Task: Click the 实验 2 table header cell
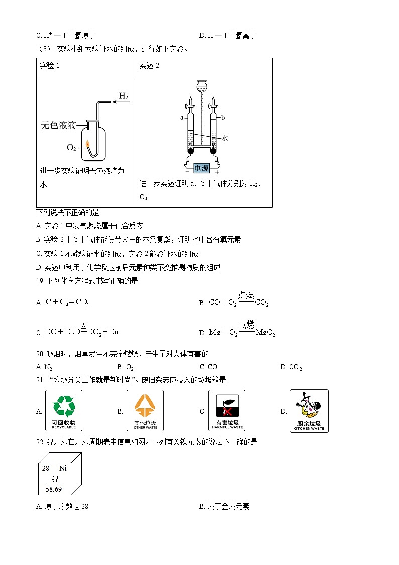pos(149,66)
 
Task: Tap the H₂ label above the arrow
pos(123,96)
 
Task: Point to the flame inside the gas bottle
pos(89,144)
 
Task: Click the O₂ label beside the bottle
pos(72,147)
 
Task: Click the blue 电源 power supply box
pos(201,169)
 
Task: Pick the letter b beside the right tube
pos(222,117)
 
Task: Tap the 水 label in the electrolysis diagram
pos(225,138)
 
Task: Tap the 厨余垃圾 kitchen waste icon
pos(309,411)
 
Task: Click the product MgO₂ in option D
pos(265,332)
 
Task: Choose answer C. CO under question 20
pos(208,367)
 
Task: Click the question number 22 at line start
pos(40,442)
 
